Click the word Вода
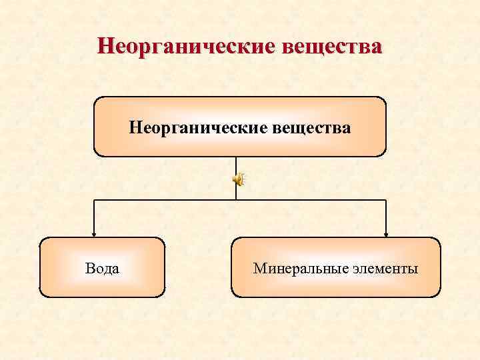[103, 269]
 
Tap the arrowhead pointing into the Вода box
[93, 233]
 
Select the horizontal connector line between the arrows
[167, 199]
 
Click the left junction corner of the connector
[93, 199]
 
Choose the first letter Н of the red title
[104, 47]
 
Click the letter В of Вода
[89, 269]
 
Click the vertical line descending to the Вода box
[93, 216]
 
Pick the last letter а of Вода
[116, 269]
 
